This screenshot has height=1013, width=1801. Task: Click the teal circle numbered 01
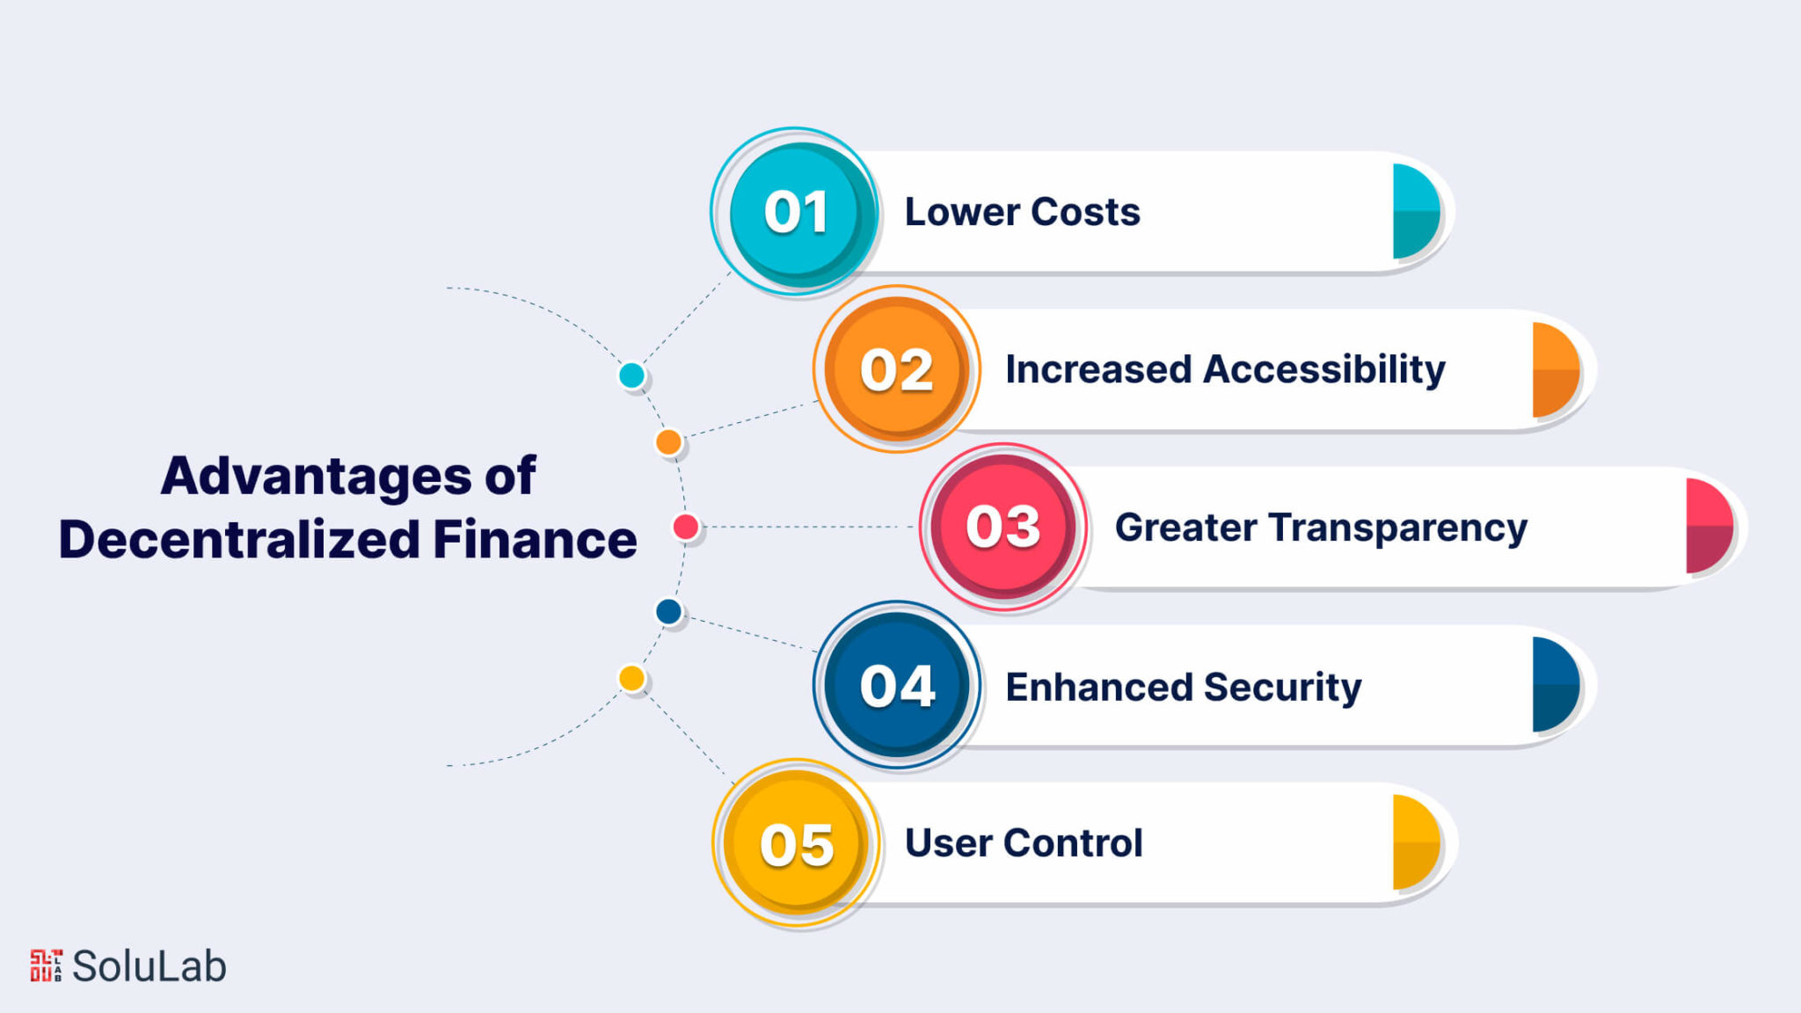pos(796,212)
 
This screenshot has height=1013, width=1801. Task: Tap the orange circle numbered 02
pos(897,369)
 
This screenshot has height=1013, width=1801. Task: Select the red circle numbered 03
pos(1003,527)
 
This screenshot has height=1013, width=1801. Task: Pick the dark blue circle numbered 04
pos(897,685)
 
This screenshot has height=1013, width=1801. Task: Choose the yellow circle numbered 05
pos(797,843)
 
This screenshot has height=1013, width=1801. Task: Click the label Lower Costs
pos(1022,212)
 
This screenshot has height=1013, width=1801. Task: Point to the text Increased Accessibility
pos(1225,369)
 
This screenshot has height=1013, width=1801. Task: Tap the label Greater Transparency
pos(1321,528)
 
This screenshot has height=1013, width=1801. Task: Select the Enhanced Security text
pos(1184,688)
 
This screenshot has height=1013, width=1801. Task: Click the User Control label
pos(1024,843)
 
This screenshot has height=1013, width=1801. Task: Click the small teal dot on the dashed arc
pos(631,375)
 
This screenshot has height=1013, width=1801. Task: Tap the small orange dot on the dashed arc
pos(668,441)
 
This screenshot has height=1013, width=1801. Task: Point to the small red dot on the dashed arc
pos(686,527)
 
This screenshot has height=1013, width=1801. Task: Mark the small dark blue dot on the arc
pos(668,611)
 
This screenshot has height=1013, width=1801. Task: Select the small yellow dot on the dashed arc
pos(631,678)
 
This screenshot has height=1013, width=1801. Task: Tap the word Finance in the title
pos(535,539)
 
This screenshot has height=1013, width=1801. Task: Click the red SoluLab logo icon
pos(47,966)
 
